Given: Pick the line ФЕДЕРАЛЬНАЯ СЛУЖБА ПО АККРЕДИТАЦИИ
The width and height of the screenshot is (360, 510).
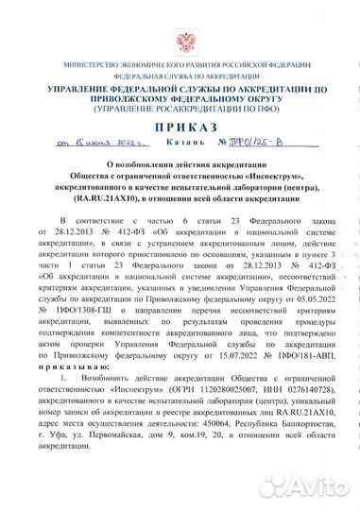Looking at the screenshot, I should (x=180, y=74).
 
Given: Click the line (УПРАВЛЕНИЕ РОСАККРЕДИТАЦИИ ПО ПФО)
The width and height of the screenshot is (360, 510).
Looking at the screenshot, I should (x=180, y=107).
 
